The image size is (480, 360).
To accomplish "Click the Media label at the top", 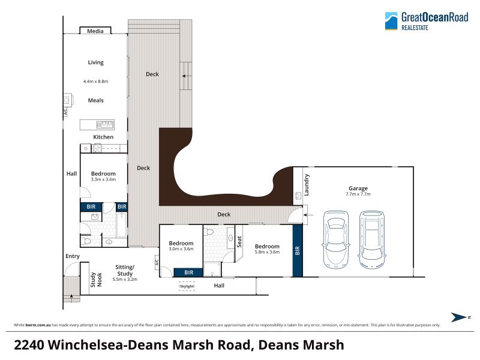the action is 95,31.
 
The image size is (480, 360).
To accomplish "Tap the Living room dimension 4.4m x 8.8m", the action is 95,82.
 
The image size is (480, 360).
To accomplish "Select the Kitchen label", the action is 103,137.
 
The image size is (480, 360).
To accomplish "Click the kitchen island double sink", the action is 105,125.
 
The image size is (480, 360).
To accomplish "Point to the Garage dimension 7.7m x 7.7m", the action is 358,194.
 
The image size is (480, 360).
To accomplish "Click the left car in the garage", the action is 336,239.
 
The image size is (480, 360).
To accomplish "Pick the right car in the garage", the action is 372,239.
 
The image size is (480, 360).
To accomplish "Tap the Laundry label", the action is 307,185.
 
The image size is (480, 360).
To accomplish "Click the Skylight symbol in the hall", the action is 187,286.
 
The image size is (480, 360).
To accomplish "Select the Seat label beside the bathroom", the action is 239,242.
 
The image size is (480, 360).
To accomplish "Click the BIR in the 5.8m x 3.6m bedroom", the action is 298,251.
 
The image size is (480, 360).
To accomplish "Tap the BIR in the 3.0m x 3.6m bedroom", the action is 188,272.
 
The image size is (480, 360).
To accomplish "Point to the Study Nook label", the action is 96,280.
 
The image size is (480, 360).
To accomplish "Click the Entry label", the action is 73,256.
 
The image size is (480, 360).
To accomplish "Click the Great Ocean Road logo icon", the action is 391,21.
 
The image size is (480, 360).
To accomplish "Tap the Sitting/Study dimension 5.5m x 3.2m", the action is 125,279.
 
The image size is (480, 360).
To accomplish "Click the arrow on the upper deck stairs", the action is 187,76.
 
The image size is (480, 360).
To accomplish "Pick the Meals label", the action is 96,100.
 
